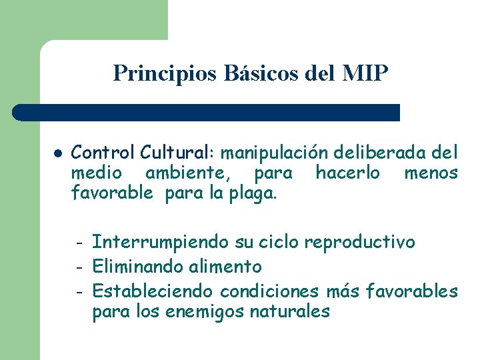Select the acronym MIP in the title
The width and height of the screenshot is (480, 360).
pos(363,73)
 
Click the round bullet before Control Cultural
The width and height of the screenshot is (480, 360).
pos(58,153)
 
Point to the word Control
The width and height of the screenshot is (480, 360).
pos(103,153)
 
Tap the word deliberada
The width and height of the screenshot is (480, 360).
pos(387,153)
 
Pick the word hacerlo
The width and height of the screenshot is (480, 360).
pos(347,173)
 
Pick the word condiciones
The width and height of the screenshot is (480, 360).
pos(270,291)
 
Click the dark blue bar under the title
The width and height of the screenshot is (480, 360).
pos(207,112)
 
